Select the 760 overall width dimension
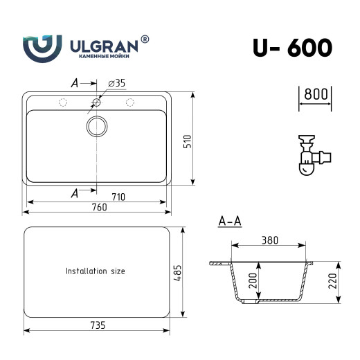[98, 208]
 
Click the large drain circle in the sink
[97, 126]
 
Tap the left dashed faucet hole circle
[63, 103]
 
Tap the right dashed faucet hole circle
[129, 103]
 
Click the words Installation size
[95, 271]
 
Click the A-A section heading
[229, 222]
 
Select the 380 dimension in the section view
[269, 241]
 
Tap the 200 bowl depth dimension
[252, 281]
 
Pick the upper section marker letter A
[75, 83]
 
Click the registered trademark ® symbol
[145, 39]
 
